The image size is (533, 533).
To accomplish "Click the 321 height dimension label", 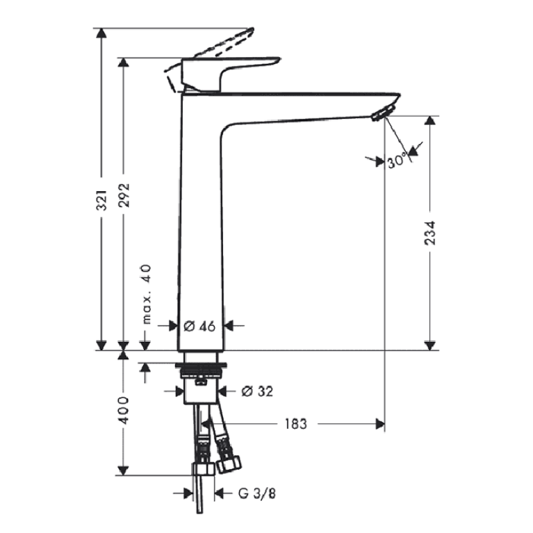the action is coord(101,200).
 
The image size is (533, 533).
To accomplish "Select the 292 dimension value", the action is coord(124,195).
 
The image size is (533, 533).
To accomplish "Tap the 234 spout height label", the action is coord(430,233).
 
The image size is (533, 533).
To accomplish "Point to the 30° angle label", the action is coord(397,160).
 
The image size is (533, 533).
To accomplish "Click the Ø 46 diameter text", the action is coord(199,327).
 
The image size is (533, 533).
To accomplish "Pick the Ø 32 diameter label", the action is coord(257,391).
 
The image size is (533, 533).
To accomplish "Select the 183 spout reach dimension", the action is coord(295,424).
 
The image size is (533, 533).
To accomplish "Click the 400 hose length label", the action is coord(124,410).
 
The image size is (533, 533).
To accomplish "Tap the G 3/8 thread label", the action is coord(256,493).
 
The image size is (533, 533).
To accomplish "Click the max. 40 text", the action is coord(146,294).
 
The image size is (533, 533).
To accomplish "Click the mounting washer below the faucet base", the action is coord(200,365).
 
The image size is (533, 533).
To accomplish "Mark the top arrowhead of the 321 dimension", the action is coord(101,33).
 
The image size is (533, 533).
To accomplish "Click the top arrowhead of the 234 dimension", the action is coord(430,121).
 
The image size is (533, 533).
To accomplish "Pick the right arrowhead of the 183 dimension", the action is coord(379,424).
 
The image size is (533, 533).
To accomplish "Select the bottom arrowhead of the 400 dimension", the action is coord(123,470).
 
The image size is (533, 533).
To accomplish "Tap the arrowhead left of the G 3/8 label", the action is coord(188,493).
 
